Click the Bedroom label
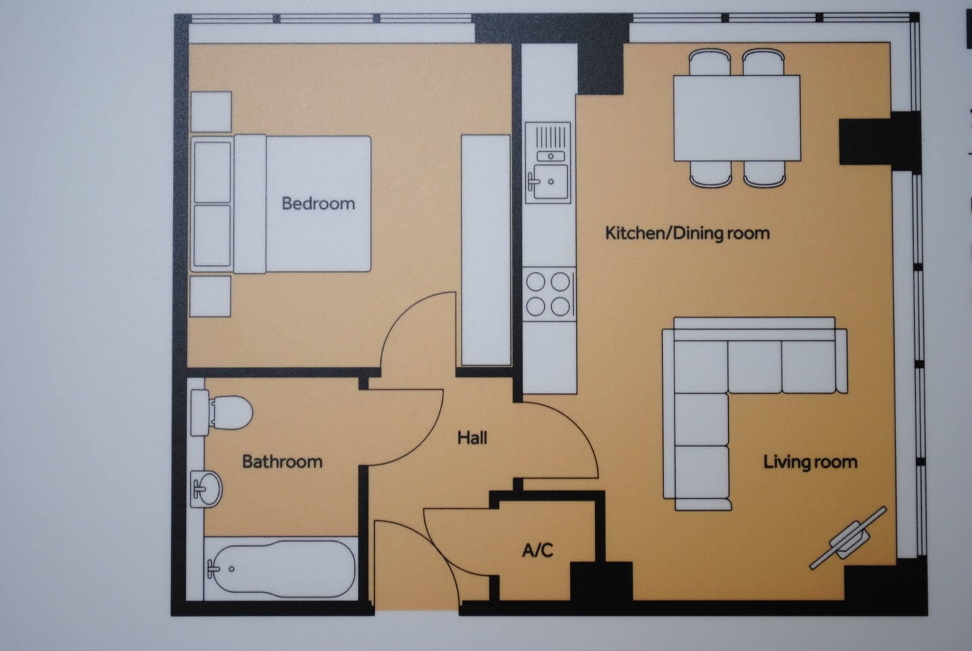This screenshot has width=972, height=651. tap(318, 203)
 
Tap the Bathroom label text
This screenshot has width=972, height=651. tap(282, 462)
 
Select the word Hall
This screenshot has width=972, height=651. tap(472, 438)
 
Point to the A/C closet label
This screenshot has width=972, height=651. tap(537, 549)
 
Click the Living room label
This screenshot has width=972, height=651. tap(810, 462)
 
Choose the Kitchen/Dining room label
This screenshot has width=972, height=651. tap(687, 233)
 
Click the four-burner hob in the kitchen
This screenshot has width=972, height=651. tap(549, 293)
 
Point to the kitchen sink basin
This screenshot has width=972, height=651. tap(549, 181)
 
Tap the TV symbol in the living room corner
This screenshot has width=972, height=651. tap(849, 536)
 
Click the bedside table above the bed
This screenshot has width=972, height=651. tap(211, 111)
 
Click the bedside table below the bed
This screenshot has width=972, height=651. tap(211, 296)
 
